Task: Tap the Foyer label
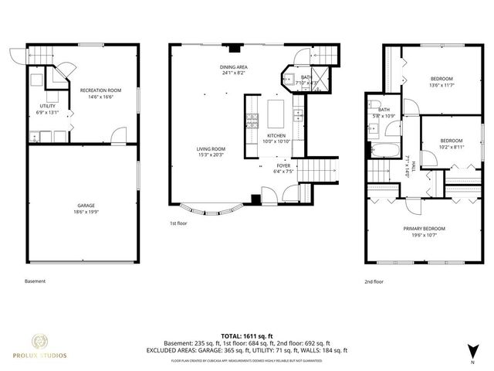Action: click(x=284, y=165)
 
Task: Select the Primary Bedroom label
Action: click(x=424, y=228)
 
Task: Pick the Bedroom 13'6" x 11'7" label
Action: click(x=442, y=79)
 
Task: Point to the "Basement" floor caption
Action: click(x=36, y=281)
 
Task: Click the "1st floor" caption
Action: click(x=180, y=223)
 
